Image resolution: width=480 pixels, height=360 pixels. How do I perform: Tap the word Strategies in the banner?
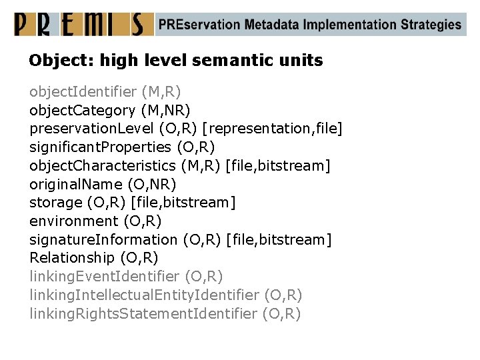(431, 25)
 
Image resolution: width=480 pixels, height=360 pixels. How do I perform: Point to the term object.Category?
(83, 109)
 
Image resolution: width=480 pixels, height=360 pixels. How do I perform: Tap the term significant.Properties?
(101, 146)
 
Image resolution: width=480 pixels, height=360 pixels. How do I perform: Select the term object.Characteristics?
(103, 165)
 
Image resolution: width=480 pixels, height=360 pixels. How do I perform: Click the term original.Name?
(75, 183)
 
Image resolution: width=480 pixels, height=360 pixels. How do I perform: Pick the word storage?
(55, 202)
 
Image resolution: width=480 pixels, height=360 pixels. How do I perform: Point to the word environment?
(73, 221)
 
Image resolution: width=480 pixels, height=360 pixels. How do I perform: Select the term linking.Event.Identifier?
(104, 276)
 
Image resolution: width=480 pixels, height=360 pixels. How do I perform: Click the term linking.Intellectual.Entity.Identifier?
(144, 295)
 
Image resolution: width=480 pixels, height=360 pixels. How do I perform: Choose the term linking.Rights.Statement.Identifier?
(143, 313)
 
